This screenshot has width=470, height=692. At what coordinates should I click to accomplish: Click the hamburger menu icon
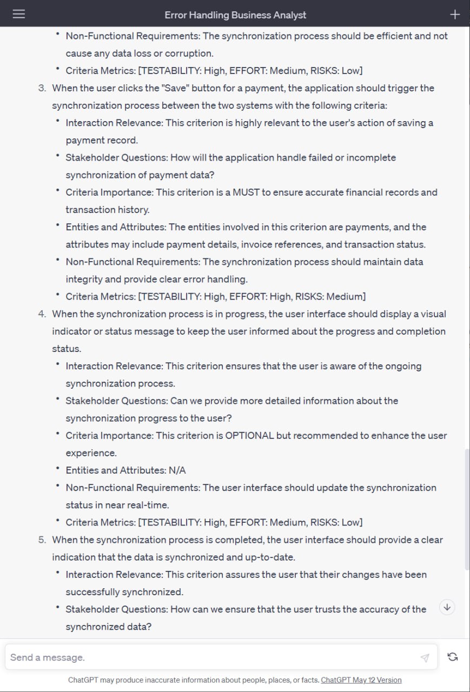(19, 14)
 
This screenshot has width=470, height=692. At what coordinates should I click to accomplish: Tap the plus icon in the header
(455, 15)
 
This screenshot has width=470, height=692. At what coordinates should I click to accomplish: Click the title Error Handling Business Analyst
(235, 15)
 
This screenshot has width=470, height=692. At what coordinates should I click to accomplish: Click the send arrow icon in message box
(425, 657)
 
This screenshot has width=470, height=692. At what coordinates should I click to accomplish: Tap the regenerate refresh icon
(453, 657)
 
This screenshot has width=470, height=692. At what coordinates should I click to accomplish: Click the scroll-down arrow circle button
(447, 607)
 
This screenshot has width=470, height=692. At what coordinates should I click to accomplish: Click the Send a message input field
(211, 657)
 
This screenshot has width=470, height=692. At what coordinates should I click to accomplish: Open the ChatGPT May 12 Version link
(361, 680)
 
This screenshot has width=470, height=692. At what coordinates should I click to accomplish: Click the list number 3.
(42, 88)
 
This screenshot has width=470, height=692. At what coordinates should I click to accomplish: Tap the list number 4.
(42, 314)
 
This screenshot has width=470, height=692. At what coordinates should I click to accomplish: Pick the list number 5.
(42, 540)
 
